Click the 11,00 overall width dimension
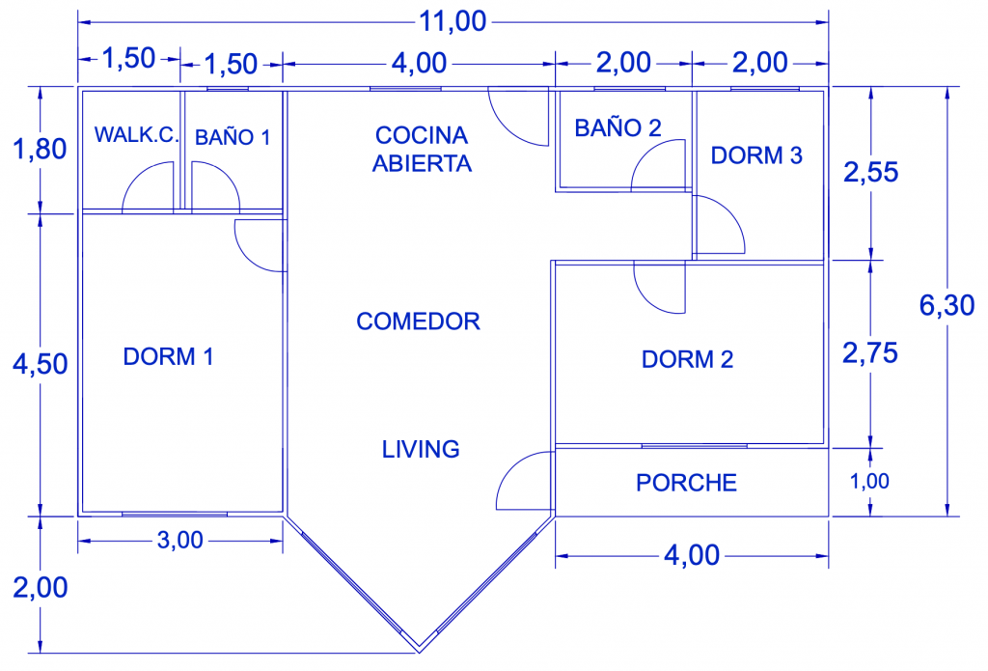pos(453,21)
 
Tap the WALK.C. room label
pos(137,134)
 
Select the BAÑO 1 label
pos(233,137)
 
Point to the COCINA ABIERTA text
pos(422,149)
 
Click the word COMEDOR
pos(419,321)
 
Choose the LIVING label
pos(421,449)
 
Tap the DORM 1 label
pos(168,356)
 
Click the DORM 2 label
pos(687,359)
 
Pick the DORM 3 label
pos(756,155)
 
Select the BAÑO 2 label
pos(618,127)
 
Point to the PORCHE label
pos(686,483)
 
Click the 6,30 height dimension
pos(947,305)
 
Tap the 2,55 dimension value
pos(871,172)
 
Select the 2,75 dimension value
pos(870,353)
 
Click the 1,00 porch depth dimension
pos(869,481)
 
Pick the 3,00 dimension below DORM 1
pos(179,541)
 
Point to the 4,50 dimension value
pos(41,365)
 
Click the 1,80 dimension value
pos(40,150)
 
